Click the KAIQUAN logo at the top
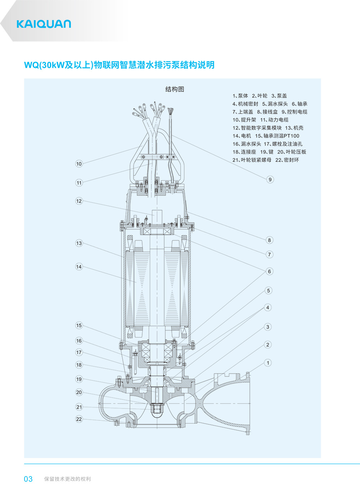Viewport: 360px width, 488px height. click(44, 24)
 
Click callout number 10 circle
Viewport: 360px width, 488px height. click(79, 164)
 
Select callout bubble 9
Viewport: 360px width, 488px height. click(270, 180)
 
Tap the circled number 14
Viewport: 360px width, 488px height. click(79, 267)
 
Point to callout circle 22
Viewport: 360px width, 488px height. click(79, 419)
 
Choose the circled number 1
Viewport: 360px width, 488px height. click(268, 363)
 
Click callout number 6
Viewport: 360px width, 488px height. click(269, 271)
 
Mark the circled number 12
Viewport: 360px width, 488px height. click(79, 201)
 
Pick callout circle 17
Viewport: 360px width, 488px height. click(79, 352)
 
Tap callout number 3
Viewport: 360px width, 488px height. click(267, 327)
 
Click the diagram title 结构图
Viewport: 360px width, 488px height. click(175, 89)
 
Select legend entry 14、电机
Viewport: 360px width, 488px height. click(242, 136)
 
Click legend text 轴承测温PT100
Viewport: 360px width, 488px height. click(277, 136)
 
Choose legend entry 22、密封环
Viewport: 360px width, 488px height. click(287, 160)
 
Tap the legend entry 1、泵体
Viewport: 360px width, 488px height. click(240, 96)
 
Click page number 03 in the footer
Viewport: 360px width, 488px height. click(28, 479)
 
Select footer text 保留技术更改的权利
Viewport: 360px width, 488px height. click(67, 479)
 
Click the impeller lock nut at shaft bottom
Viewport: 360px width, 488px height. click(157, 408)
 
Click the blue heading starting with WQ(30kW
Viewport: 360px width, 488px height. click(119, 65)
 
